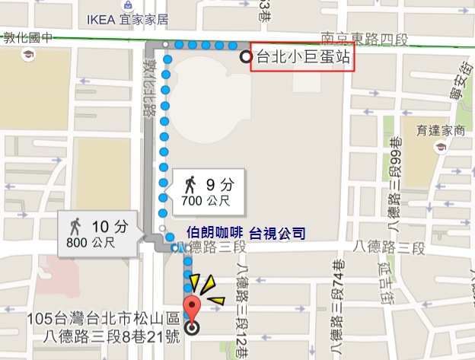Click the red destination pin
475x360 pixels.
click(x=192, y=311)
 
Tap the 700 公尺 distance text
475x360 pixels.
click(x=203, y=201)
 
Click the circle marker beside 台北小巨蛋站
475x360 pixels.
click(x=245, y=57)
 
